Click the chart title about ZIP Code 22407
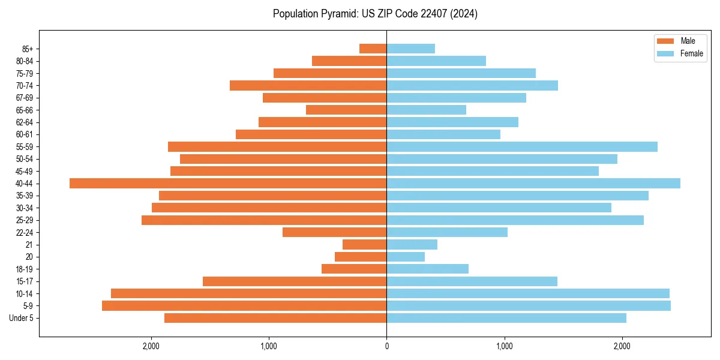coord(375,14)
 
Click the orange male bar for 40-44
coord(228,184)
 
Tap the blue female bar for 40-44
coord(533,184)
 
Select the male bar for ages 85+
coord(373,49)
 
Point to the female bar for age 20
coord(406,257)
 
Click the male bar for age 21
coord(364,245)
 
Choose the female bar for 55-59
coord(522,147)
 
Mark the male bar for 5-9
coord(244,306)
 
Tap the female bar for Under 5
coord(506,318)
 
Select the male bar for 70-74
coord(308,86)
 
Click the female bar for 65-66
coord(426,110)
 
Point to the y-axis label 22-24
coord(25,233)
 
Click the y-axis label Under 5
coord(21,318)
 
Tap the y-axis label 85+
coord(27,49)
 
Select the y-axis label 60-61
coord(25,134)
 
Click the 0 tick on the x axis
coord(386,346)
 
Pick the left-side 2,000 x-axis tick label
coord(151,346)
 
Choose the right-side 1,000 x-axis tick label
coord(505,346)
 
